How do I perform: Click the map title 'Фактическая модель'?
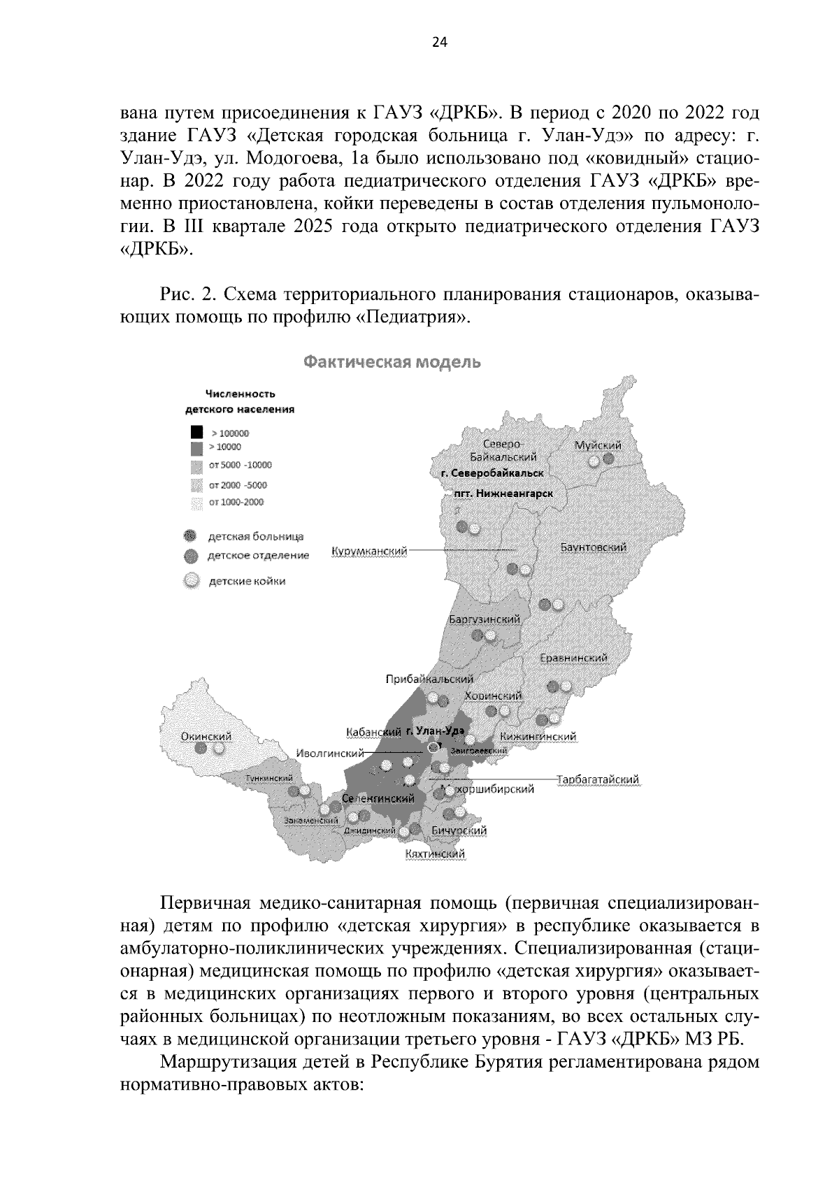click(x=392, y=363)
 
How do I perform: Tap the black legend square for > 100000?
click(x=197, y=433)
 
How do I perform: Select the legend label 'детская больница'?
click(x=255, y=536)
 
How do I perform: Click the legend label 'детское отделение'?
click(x=258, y=556)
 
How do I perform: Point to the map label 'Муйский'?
click(x=598, y=445)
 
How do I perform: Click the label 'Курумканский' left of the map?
click(x=369, y=552)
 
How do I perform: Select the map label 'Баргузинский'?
click(x=484, y=620)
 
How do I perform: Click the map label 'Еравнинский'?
click(x=574, y=658)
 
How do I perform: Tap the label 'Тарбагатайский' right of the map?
click(x=598, y=779)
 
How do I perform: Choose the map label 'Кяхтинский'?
click(x=435, y=854)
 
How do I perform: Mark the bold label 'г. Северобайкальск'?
click(x=492, y=473)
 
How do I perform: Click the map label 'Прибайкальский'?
click(x=429, y=679)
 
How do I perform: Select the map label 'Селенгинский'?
click(x=378, y=798)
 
